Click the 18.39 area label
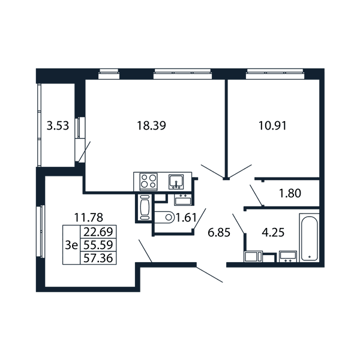tap(151, 125)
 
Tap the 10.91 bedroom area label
tap(272, 125)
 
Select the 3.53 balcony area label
tap(58, 126)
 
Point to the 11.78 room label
tap(89, 217)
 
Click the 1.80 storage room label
tap(290, 193)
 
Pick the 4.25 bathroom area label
tap(273, 232)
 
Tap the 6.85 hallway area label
tap(219, 233)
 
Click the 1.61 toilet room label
tap(185, 217)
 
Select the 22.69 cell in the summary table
tap(98, 232)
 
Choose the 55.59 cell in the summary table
tap(98, 245)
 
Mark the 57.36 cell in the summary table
tap(98, 258)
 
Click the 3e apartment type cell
tap(71, 245)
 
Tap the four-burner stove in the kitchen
tap(149, 181)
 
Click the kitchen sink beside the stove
tap(176, 182)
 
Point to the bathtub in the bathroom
tap(309, 238)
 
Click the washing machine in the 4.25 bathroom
tap(253, 256)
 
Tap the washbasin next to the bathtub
tap(288, 256)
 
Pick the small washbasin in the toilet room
tap(183, 199)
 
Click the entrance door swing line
tap(209, 274)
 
